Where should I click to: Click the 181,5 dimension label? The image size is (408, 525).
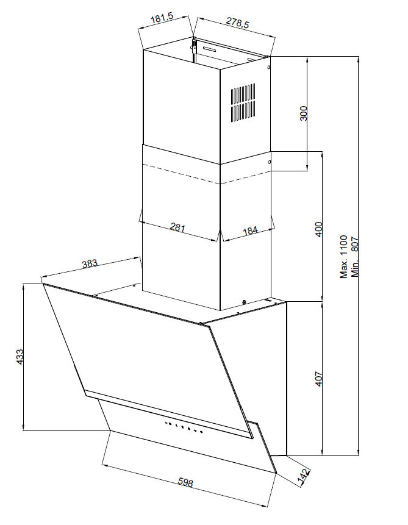164,18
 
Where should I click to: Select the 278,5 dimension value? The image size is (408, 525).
237,23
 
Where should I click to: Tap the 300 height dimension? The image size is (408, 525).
303,113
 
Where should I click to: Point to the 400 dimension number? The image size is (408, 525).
319,229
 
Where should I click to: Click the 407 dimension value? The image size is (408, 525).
318,379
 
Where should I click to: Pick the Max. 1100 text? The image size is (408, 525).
344,257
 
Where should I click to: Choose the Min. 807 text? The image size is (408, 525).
355,257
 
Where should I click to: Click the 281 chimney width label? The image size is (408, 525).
177,227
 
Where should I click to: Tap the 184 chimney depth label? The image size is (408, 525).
250,230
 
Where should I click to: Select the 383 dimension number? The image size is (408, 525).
90,263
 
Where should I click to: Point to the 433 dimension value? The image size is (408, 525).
20,357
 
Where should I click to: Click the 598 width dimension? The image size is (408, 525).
185,482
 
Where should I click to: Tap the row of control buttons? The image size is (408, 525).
184,427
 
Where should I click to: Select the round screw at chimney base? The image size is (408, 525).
244,302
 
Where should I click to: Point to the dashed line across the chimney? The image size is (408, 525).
207,174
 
